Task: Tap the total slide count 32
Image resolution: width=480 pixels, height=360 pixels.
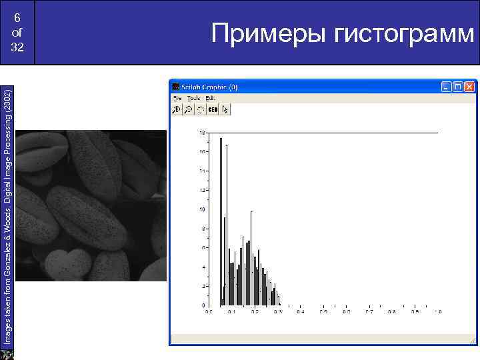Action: point(17,48)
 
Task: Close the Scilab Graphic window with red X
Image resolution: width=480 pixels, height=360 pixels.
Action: point(471,87)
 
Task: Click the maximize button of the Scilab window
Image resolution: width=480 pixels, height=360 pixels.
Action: point(458,87)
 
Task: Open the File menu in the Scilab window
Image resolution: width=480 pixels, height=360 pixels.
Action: point(177,98)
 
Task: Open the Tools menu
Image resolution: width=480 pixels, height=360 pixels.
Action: point(193,98)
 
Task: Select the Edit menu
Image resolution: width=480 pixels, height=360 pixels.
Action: point(210,98)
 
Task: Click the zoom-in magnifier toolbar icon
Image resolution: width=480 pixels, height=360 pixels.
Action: point(177,109)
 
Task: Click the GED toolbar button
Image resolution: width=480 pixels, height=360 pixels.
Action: point(213,109)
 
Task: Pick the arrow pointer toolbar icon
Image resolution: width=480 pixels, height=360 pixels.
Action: point(225,109)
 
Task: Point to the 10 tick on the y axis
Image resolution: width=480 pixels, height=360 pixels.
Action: point(202,209)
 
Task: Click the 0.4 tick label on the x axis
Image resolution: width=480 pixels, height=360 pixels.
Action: point(300,311)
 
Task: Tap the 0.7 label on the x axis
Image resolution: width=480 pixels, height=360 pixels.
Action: point(369,311)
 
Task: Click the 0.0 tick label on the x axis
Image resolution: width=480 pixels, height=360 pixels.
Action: point(208,311)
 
